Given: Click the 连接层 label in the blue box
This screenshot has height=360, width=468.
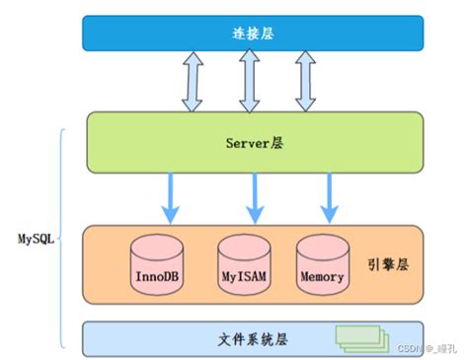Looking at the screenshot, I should (254, 33).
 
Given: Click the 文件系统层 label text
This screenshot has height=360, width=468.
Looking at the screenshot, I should (254, 337).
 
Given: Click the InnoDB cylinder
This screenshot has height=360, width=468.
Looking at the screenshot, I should (158, 263).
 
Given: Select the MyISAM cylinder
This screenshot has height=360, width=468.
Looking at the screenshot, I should (244, 263).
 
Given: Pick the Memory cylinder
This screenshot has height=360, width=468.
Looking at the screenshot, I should (324, 263).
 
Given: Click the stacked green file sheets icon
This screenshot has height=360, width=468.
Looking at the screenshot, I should (359, 337).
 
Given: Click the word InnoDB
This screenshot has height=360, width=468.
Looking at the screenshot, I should (158, 277).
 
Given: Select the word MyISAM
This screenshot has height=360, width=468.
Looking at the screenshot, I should (244, 277).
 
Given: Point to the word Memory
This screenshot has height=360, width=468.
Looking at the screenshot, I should (324, 277).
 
